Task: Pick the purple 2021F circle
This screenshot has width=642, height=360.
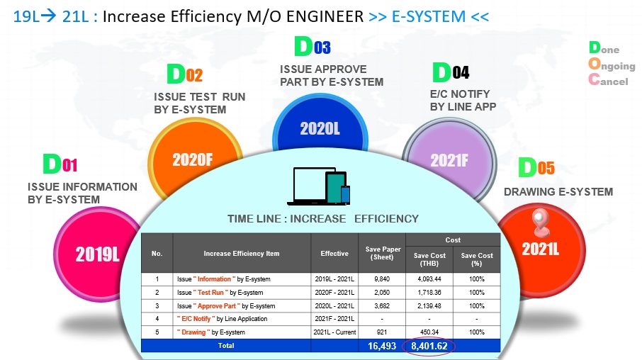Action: point(449,159)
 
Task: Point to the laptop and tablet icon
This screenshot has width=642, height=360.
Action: point(319,186)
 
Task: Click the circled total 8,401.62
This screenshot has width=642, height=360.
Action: point(429,346)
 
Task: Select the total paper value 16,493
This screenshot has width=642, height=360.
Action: point(382,346)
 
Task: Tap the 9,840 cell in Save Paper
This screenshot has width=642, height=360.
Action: point(382,279)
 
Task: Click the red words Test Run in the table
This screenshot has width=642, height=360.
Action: point(210,293)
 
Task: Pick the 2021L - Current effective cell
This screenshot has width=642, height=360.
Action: point(334,332)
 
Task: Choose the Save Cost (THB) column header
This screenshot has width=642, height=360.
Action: point(429,259)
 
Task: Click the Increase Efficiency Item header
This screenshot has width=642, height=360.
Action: point(242,254)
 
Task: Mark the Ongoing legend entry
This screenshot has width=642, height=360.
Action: point(612,65)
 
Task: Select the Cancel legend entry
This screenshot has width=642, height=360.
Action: point(608,80)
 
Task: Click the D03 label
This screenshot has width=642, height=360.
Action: point(312,46)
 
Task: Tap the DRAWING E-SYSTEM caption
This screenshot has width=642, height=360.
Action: point(558,191)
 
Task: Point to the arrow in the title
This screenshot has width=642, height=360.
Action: point(49,16)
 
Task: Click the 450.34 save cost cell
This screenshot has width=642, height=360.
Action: point(429,332)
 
